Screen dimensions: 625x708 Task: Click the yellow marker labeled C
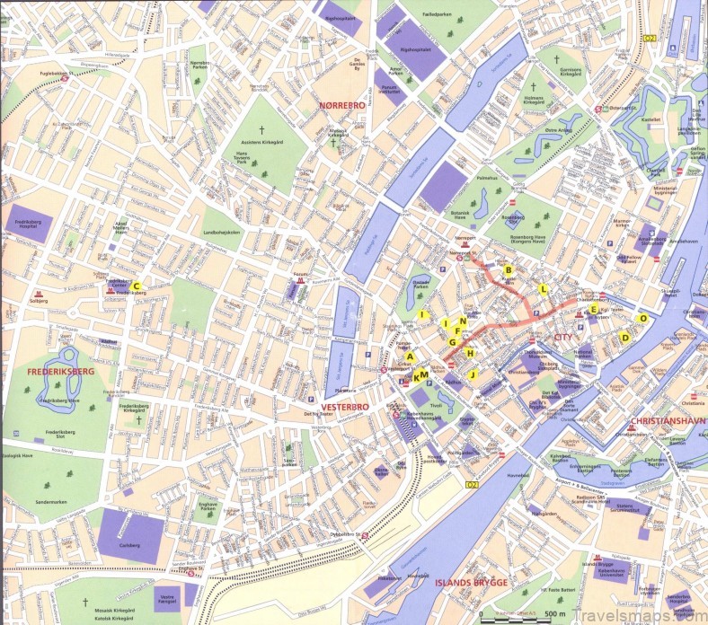pyautogui.click(x=137, y=286)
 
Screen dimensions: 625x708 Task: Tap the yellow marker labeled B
pyautogui.click(x=508, y=269)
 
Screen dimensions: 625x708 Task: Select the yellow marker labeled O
pyautogui.click(x=642, y=318)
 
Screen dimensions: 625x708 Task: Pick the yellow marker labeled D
pyautogui.click(x=624, y=338)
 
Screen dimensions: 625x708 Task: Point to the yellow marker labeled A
pyautogui.click(x=410, y=357)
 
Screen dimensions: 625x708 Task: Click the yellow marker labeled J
pyautogui.click(x=471, y=374)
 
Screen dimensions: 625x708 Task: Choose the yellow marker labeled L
pyautogui.click(x=543, y=288)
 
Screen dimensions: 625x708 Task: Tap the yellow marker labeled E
pyautogui.click(x=593, y=310)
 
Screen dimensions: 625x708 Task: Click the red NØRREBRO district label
pyautogui.click(x=341, y=106)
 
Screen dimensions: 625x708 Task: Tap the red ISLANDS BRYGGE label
pyautogui.click(x=472, y=583)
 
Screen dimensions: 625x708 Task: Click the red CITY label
pyautogui.click(x=563, y=338)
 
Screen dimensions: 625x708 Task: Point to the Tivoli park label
pyautogui.click(x=438, y=405)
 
